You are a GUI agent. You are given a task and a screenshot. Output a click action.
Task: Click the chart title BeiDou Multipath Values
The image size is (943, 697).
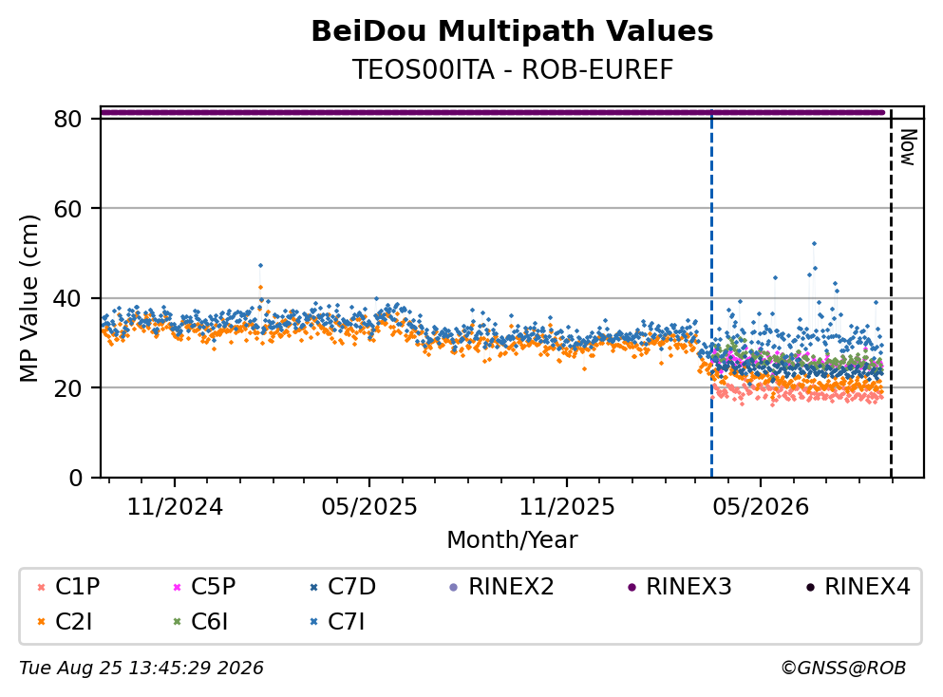tap(512, 31)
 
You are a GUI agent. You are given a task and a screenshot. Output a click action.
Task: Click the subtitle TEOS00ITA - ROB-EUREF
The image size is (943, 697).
tap(512, 69)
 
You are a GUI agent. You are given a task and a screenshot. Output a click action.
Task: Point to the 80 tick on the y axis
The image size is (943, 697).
tap(67, 119)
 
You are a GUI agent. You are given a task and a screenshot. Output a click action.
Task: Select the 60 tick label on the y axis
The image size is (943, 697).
tap(67, 209)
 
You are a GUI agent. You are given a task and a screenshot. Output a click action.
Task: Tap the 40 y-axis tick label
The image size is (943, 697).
tap(67, 298)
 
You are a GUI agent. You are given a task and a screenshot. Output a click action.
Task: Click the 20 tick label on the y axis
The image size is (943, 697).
tap(67, 387)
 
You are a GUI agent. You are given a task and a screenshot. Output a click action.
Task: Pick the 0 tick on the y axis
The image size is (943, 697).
tap(75, 478)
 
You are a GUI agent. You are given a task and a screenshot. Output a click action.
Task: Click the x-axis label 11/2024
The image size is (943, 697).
tap(175, 507)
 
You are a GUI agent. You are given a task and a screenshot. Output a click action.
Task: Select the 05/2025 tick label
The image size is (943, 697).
tap(369, 507)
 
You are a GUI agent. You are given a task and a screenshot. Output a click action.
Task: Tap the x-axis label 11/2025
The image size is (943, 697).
tap(567, 507)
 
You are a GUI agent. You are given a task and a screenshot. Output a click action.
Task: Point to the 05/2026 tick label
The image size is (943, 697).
tap(761, 507)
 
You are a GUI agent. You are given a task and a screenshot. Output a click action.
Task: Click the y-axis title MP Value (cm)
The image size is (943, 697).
tap(28, 298)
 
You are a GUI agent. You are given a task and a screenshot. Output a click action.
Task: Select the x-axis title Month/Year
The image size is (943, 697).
tap(512, 540)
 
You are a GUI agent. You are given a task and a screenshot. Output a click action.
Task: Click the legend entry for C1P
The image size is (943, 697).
tap(68, 586)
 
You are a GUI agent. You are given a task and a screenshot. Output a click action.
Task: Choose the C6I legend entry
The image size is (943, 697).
tap(200, 622)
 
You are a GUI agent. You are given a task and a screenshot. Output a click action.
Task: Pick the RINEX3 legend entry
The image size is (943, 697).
tap(680, 586)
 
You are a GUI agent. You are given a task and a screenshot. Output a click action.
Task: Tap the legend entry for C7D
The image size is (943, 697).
tap(342, 586)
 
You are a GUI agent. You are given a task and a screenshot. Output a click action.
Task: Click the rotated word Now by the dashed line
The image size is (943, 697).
tap(908, 147)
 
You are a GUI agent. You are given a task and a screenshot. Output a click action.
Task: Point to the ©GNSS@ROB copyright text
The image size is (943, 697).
tap(843, 668)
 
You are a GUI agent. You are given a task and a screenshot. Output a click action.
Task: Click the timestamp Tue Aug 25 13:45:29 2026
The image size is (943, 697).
tap(141, 668)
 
